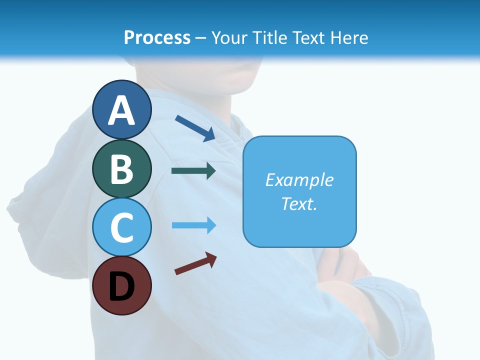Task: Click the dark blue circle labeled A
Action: coord(122,109)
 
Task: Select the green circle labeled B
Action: coord(122,168)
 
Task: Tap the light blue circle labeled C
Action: coord(122,227)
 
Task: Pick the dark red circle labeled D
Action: coord(122,286)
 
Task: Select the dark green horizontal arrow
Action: coord(193,171)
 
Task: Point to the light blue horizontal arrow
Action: coord(193,225)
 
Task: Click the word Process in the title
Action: coord(157,37)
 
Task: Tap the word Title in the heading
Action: coord(271,37)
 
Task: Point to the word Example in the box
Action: coord(299,180)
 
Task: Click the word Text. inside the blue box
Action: coord(299,204)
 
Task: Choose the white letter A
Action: coord(122,110)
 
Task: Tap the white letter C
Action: coord(122,228)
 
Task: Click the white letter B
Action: coord(122,169)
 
